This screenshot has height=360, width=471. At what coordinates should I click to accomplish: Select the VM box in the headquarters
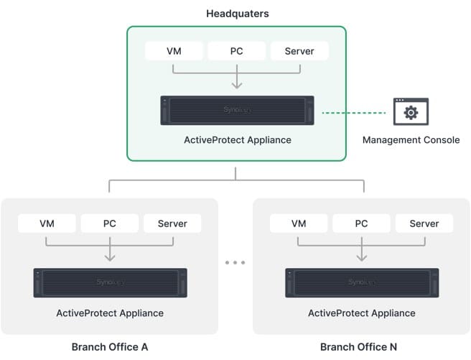pos(174,51)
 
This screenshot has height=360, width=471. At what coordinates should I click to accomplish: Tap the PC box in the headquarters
pos(236,51)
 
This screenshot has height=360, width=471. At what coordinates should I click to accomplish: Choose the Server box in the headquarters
pos(299,51)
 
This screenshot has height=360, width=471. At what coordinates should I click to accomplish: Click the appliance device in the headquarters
pos(237,111)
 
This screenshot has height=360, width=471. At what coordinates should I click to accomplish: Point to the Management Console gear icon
pos(411,112)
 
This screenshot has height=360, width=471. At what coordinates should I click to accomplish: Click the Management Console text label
pos(411,140)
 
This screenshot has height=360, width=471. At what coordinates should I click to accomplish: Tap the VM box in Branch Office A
pos(47,223)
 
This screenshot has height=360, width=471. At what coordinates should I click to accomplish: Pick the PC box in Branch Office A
pos(109,223)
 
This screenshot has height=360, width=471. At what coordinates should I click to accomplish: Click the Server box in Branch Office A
pos(172,223)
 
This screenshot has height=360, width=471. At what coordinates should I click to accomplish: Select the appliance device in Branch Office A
pos(110,282)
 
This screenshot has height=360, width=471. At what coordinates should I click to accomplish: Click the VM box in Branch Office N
pos(299,223)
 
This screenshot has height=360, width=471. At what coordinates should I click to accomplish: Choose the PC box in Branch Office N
pos(361,223)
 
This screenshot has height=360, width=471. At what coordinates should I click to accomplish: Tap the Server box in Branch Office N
pos(424,223)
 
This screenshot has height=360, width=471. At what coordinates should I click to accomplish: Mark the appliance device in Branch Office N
pos(362,282)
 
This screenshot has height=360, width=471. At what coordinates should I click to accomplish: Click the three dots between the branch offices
pos(235,263)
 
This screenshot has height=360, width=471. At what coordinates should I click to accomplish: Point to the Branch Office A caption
pos(110,347)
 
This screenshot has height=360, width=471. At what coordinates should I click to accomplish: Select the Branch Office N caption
pos(359,347)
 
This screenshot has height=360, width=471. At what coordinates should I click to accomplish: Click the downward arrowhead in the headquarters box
pos(236,86)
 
